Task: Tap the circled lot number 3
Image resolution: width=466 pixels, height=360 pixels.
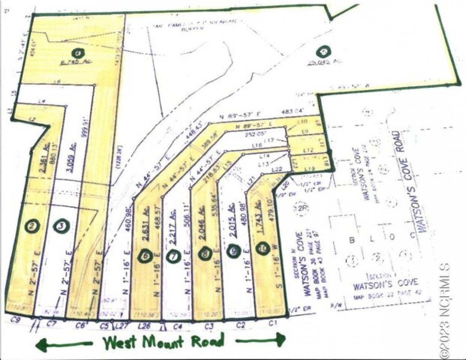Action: coord(61,226)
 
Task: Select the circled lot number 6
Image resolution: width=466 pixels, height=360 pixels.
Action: coord(146,256)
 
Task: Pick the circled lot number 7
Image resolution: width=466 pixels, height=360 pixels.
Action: coord(174,256)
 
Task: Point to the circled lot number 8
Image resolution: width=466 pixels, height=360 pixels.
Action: coord(205,255)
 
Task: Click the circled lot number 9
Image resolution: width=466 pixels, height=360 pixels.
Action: coord(233,252)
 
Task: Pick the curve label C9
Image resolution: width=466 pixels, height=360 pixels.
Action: coord(16,321)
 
